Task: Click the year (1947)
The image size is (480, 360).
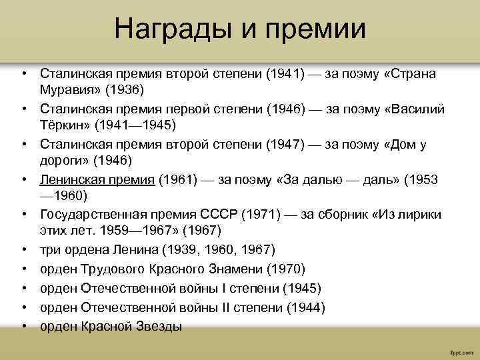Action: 285,144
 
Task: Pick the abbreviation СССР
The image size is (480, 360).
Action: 218,215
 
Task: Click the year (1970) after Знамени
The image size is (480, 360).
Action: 285,269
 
